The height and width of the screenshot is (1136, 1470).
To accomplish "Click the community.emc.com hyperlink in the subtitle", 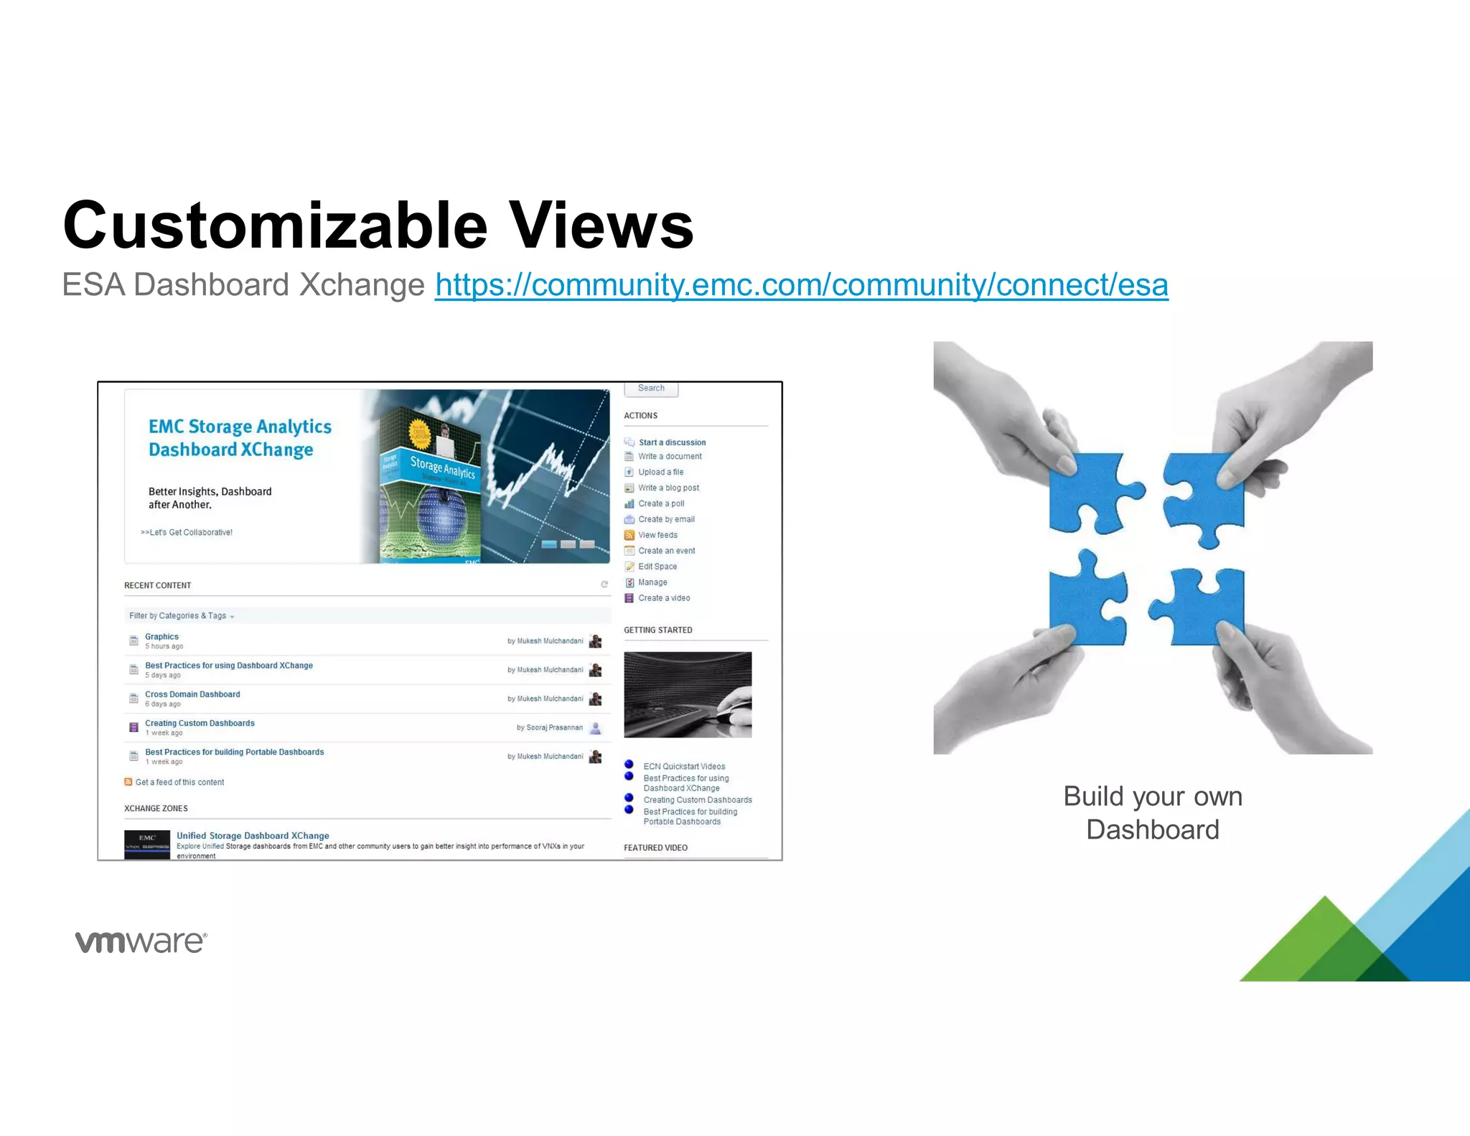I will (801, 285).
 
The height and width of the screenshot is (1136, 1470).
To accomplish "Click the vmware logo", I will (141, 941).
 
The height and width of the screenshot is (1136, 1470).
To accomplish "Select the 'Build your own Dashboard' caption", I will (1152, 813).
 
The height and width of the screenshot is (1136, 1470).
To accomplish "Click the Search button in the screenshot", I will (651, 388).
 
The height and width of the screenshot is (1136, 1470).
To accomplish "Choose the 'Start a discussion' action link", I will (672, 442).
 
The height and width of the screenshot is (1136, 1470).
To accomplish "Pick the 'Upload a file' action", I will (660, 472).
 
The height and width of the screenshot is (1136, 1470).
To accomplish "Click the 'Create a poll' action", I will (661, 504).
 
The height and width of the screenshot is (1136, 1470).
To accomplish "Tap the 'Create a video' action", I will (664, 598).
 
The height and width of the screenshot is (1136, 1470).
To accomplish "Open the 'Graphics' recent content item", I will (161, 637).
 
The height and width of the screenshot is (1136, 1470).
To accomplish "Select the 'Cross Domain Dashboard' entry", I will (192, 694).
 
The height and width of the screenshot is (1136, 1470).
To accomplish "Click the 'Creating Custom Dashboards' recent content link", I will (200, 723).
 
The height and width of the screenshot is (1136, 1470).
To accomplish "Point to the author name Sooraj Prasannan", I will (554, 728).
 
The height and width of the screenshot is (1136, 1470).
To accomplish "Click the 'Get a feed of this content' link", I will (179, 783).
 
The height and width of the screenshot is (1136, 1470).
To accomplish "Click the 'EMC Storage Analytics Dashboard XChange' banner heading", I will (240, 438).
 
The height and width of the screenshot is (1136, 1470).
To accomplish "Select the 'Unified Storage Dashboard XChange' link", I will (253, 836).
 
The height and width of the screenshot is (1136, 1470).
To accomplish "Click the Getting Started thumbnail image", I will (688, 694).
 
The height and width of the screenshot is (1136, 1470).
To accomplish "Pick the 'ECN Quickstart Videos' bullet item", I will (684, 767).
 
